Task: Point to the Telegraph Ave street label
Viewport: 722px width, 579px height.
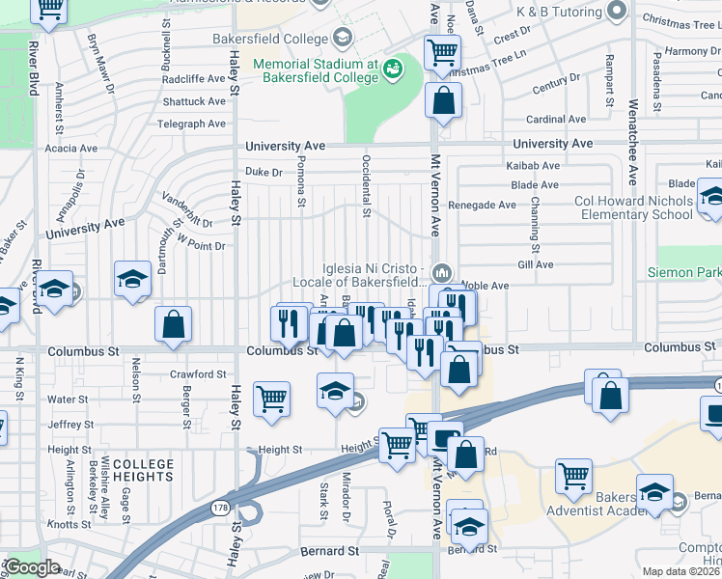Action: point(193,124)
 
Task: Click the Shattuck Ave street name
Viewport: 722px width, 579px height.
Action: point(194,101)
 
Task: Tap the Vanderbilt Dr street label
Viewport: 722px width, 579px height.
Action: point(186,216)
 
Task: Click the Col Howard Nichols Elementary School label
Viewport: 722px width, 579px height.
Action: point(633,207)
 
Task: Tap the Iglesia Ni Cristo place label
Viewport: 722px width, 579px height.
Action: point(372,275)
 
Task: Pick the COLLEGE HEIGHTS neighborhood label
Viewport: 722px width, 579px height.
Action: point(144,470)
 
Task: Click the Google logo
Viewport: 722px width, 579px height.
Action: point(32,567)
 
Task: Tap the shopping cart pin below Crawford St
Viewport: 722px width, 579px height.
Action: point(272,397)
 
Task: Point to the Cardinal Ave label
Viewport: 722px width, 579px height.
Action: point(557,120)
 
